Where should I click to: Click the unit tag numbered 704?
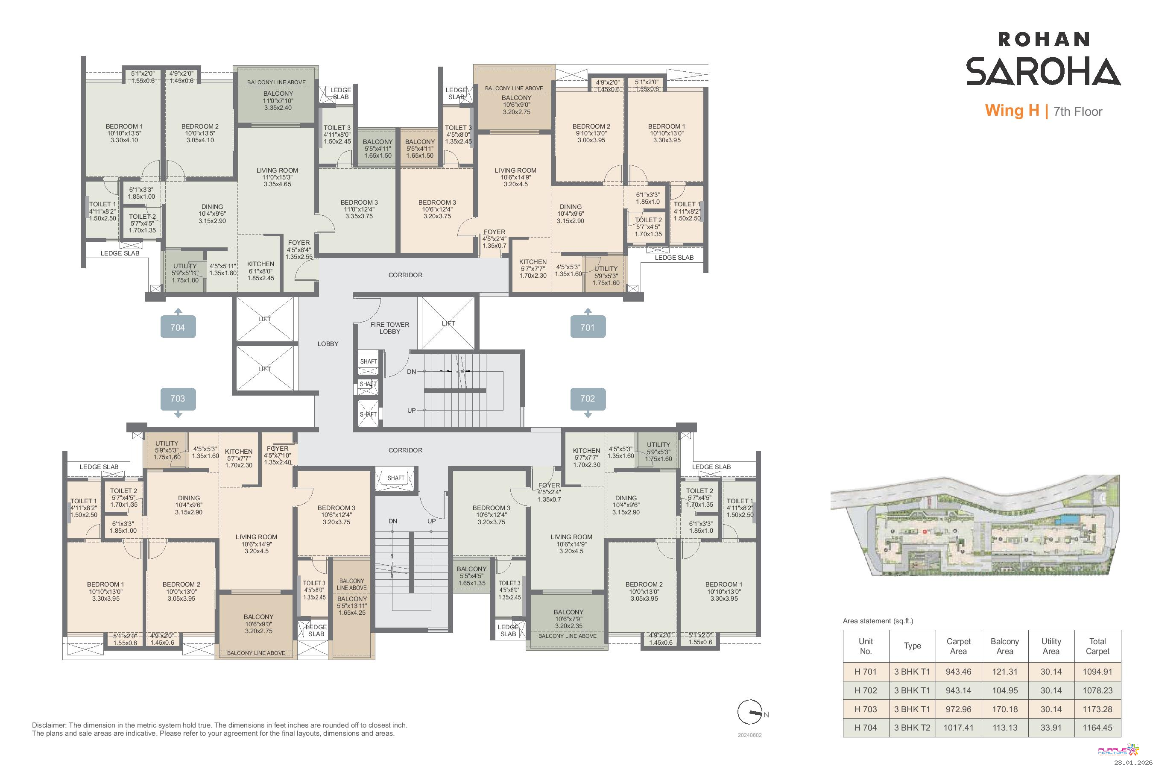coord(178,327)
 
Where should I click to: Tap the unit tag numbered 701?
coord(588,327)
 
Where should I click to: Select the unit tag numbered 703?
coord(178,399)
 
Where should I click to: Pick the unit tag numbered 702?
coord(588,399)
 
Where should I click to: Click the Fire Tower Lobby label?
coord(390,328)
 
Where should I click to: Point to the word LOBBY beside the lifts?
coord(328,344)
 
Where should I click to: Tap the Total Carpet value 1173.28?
coord(1097,709)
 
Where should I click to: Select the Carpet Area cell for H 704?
coord(958,728)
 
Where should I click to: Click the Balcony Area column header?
coord(1004,646)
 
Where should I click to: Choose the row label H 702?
coord(865,690)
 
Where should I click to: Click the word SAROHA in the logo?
coord(1043,72)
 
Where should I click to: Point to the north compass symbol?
coord(751,712)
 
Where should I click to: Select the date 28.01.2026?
coord(1133,763)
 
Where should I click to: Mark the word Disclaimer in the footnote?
coord(49,725)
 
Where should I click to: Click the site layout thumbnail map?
coord(975,525)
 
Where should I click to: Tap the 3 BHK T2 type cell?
coord(912,728)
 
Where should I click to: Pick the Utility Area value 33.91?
coord(1051,728)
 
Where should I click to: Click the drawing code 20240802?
coord(749,735)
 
